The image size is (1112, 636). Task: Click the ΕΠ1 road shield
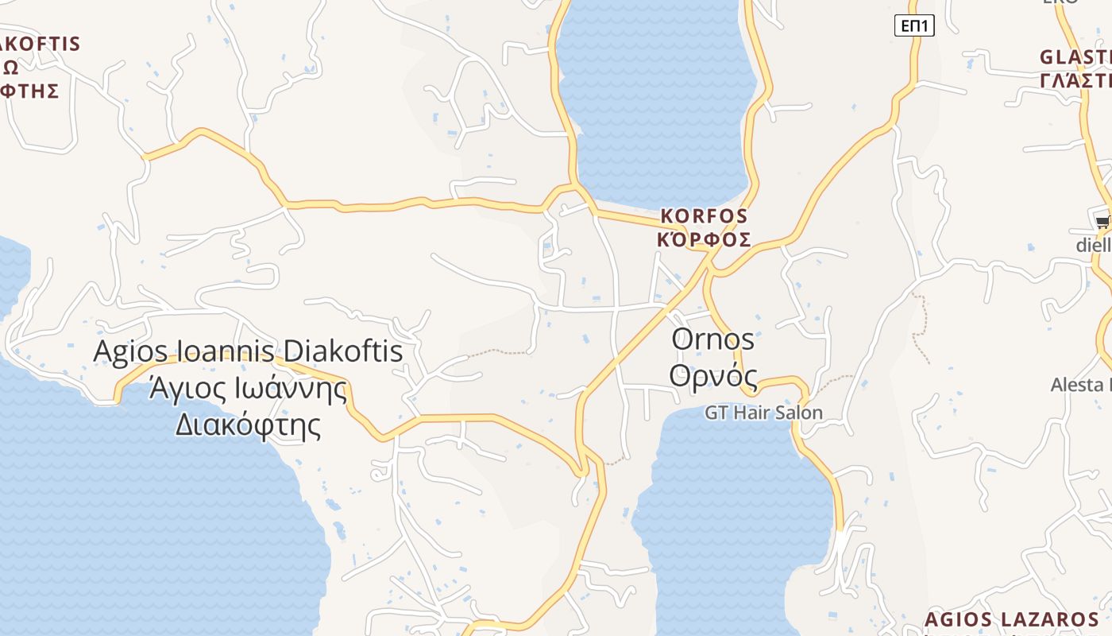coord(914,26)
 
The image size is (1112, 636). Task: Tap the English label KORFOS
coord(705,216)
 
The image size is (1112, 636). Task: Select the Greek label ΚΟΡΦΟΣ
coord(705,239)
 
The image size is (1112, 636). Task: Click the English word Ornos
coord(712,339)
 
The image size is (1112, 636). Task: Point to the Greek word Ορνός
coord(712,375)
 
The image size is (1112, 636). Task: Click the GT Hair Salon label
coord(763,413)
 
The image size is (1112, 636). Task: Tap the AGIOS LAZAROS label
coord(1012,620)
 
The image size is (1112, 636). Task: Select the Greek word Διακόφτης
coord(248,425)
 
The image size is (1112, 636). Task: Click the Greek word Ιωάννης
coord(294,389)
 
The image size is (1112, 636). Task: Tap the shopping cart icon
coord(1102,222)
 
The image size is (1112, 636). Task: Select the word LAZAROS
coord(1049,620)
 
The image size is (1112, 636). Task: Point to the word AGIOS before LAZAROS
coord(958,620)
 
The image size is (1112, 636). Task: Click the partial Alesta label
coord(1080,386)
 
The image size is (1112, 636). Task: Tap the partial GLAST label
coord(1075,58)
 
